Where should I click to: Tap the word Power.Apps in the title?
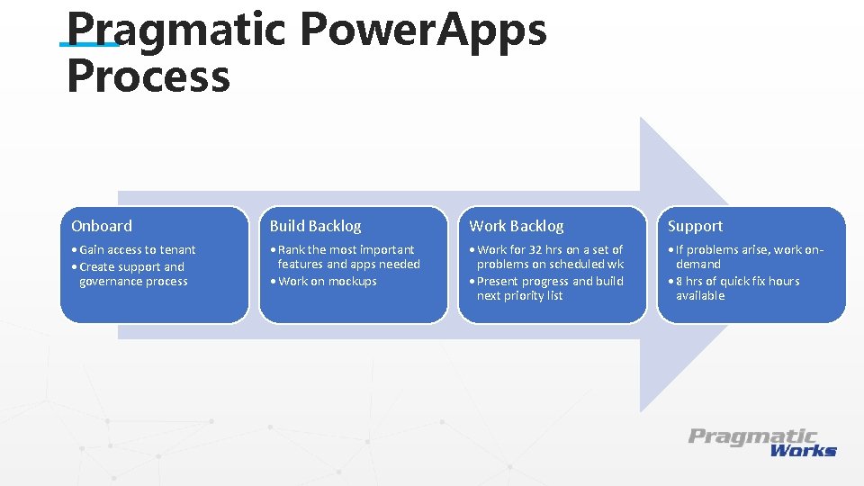423,29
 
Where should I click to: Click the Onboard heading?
102,226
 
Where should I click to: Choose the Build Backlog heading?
315,226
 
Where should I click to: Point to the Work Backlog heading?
517,226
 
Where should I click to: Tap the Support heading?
695,226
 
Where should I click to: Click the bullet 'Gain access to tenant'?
137,249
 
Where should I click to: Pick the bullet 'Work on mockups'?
327,281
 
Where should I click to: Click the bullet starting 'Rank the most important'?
347,256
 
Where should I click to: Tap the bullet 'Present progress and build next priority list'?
549,288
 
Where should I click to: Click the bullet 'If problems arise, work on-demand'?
749,256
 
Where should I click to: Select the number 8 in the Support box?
679,281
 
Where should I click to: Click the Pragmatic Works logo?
762,442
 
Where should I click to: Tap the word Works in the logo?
803,450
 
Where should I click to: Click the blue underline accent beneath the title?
89,43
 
